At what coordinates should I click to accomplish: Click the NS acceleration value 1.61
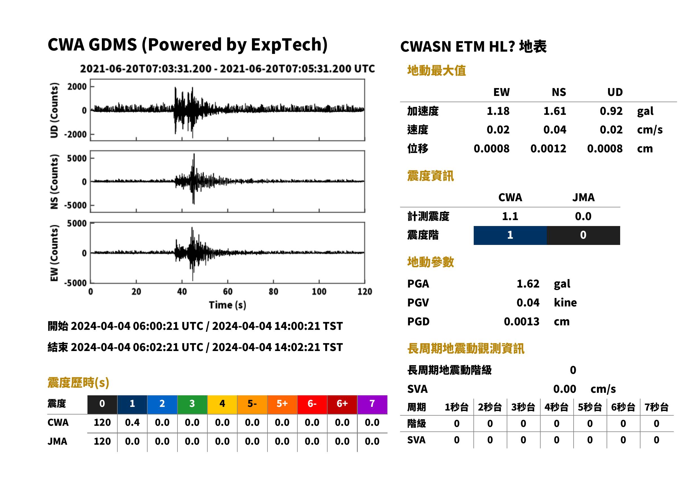[554, 111]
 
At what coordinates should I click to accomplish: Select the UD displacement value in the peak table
[605, 148]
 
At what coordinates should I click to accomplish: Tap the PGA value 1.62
[528, 284]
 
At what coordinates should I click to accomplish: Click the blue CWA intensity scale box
[510, 235]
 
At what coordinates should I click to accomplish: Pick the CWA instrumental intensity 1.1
[510, 216]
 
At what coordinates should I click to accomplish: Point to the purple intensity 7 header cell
[372, 404]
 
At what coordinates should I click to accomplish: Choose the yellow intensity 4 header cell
[222, 404]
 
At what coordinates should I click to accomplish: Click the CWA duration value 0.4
[132, 422]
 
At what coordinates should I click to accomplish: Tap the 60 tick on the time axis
[227, 291]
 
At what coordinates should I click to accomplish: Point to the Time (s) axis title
[227, 305]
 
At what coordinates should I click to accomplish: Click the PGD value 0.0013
[521, 321]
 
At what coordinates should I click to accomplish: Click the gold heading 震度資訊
[430, 176]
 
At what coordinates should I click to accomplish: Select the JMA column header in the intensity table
[583, 197]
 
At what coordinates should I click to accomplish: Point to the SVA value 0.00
[565, 389]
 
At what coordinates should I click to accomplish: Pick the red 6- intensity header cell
[312, 404]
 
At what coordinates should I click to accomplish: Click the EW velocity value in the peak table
[498, 130]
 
